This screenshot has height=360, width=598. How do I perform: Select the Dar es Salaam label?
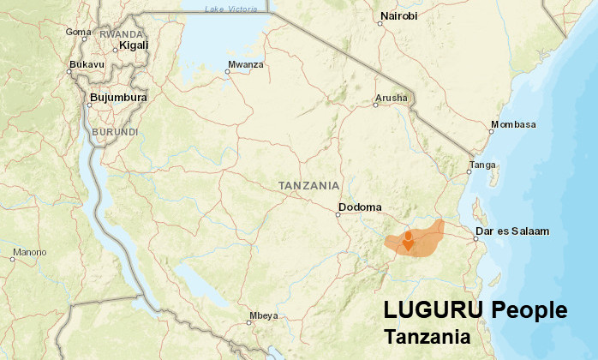(x=511, y=231)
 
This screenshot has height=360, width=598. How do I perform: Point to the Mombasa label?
(x=513, y=124)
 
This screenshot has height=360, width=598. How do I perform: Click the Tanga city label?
(x=482, y=164)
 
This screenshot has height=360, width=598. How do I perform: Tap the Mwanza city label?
(x=246, y=64)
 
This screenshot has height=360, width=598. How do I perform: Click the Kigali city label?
(x=134, y=45)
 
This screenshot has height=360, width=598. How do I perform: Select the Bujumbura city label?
(x=118, y=98)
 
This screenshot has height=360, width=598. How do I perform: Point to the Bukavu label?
(x=87, y=64)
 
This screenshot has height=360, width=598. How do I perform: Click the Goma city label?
(x=78, y=33)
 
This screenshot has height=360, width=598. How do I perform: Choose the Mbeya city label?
(x=263, y=315)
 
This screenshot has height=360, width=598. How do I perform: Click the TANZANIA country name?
(x=308, y=185)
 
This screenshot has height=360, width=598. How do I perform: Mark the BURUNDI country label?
(x=114, y=132)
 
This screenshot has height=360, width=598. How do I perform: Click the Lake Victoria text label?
(x=230, y=9)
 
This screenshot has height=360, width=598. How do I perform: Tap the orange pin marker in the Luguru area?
(x=409, y=240)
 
